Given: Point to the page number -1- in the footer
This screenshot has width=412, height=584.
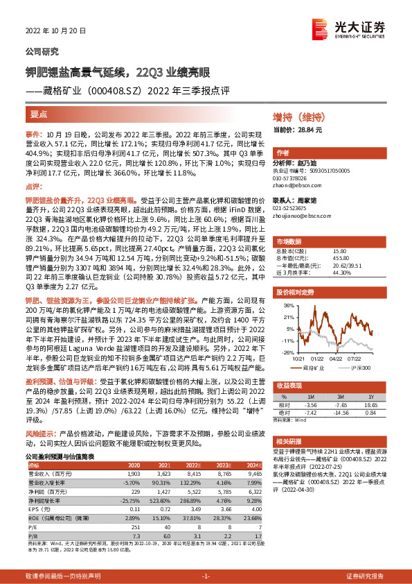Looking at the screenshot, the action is point(206,576).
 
